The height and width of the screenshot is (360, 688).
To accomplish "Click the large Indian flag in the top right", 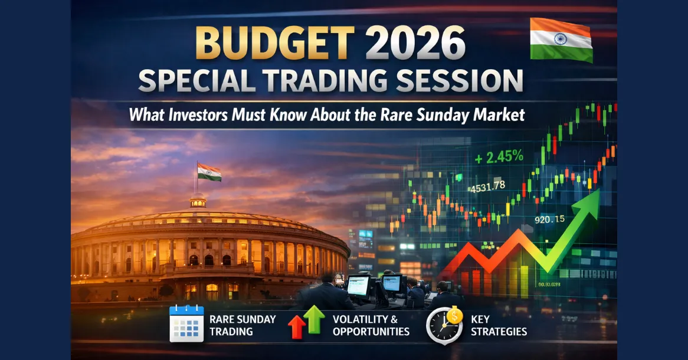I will click(x=561, y=40).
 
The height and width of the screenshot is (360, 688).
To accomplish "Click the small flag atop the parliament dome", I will click(x=209, y=172).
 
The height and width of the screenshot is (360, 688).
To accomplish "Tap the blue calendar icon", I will click(x=186, y=324).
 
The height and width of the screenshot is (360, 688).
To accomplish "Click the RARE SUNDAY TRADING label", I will click(x=243, y=325).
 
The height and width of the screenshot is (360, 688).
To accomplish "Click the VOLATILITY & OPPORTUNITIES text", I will click(x=371, y=325).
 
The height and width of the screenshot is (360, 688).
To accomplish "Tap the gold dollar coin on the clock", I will click(x=454, y=315).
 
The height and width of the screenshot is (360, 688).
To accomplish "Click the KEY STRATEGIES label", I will click(x=499, y=325).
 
